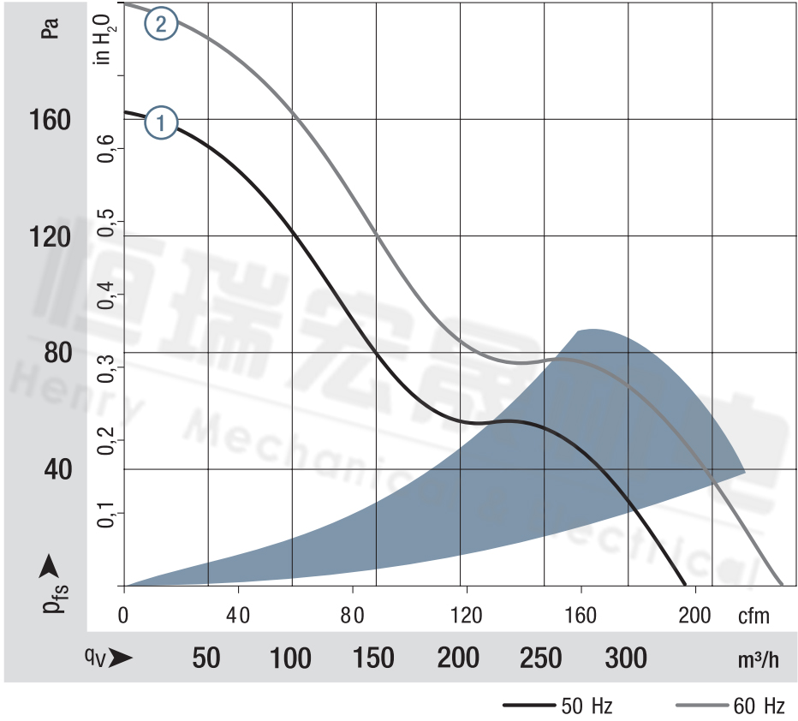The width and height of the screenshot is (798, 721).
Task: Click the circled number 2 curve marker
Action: tap(161, 24)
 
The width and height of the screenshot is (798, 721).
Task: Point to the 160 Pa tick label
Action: tap(50, 120)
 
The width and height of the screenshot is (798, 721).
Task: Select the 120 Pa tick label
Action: tap(50, 236)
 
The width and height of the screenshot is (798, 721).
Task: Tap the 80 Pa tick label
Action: tap(50, 353)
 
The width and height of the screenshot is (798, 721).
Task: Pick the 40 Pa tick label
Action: tap(50, 469)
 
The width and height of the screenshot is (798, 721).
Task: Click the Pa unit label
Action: tap(50, 30)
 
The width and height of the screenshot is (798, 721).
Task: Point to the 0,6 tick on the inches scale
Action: tap(106, 149)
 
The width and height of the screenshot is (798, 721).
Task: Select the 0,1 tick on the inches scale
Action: tap(106, 514)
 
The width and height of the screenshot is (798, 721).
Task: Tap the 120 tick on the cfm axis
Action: tap(466, 615)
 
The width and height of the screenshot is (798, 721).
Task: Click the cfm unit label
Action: tap(754, 616)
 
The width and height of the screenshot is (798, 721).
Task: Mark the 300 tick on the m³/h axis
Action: tap(626, 658)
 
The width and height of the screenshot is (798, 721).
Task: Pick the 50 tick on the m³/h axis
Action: tap(205, 658)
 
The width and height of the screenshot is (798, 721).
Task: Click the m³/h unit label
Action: tap(759, 659)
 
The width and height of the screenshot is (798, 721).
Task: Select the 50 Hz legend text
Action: tap(587, 706)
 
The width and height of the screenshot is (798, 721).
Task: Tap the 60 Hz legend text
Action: tap(759, 706)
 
